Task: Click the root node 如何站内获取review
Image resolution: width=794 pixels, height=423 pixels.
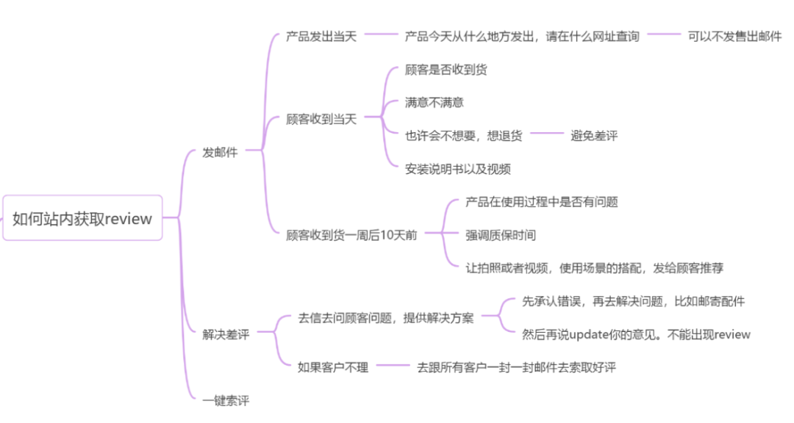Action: pyautogui.click(x=82, y=218)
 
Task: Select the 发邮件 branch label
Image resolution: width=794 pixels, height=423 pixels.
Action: pyautogui.click(x=220, y=153)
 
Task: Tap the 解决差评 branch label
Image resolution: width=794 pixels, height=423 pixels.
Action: pyautogui.click(x=226, y=334)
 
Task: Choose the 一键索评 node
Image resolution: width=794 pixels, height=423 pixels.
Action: pyautogui.click(x=226, y=401)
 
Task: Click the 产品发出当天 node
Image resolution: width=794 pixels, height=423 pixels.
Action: pyautogui.click(x=321, y=36)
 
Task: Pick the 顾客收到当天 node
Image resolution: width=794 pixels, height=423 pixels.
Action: pyautogui.click(x=321, y=119)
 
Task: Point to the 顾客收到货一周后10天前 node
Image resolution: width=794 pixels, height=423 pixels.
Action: pyautogui.click(x=351, y=235)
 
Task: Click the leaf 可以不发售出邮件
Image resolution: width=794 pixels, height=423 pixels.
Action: pyautogui.click(x=734, y=36)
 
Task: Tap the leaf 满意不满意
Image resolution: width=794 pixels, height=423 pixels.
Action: pyautogui.click(x=434, y=102)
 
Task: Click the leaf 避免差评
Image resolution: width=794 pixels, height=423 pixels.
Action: pyautogui.click(x=594, y=135)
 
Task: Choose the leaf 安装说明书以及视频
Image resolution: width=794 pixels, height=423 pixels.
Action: pyautogui.click(x=457, y=168)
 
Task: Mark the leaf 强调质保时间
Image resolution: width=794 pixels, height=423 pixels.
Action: pyautogui.click(x=500, y=235)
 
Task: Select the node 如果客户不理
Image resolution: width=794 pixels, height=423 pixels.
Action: pyautogui.click(x=332, y=366)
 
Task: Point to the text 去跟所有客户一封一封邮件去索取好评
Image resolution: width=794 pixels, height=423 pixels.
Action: pyautogui.click(x=516, y=366)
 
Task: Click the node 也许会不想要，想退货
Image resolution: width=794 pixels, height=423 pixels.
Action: pyautogui.click(x=463, y=135)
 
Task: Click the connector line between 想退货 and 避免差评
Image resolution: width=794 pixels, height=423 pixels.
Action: pyautogui.click(x=546, y=134)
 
